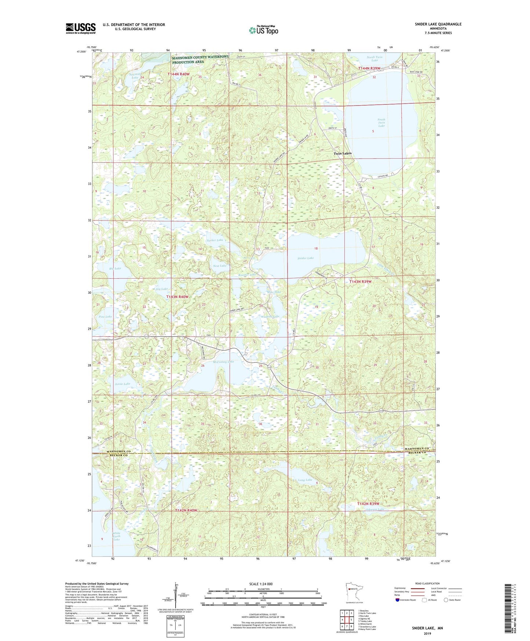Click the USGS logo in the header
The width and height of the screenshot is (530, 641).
click(81, 28)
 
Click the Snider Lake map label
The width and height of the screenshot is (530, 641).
click(306, 258)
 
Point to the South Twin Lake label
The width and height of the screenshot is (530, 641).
click(381, 123)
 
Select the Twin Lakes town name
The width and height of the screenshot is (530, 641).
click(342, 153)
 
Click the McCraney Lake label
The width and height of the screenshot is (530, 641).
click(223, 362)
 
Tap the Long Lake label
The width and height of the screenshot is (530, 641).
click(305, 480)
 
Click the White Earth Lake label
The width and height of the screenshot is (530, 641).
click(116, 536)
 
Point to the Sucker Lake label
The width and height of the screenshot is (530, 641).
click(215, 240)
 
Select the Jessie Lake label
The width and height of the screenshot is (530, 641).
click(122, 384)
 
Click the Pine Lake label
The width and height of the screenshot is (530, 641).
click(105, 316)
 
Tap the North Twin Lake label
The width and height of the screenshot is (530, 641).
click(374, 59)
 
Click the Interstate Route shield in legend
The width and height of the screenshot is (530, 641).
click(398, 600)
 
